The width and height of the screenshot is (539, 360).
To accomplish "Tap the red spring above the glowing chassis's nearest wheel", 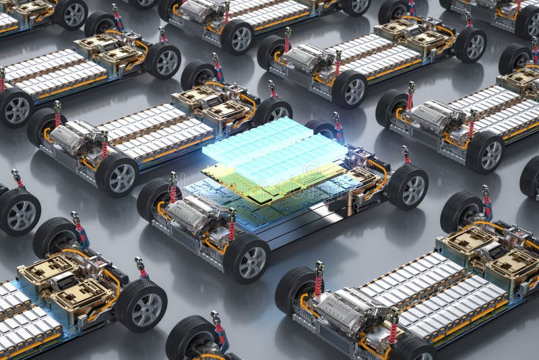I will coord(232,226).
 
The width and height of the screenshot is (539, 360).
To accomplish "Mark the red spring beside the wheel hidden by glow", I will coord(338,128).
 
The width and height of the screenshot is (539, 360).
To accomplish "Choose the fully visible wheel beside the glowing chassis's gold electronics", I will coord(408,187).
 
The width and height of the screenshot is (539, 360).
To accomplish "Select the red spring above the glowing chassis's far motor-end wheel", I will coord(173,188).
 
